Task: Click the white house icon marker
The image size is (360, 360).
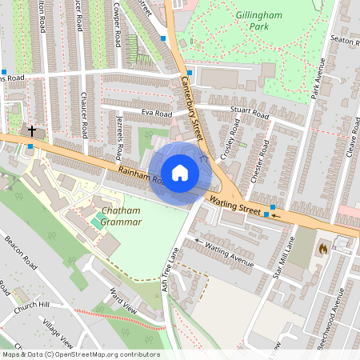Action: point(180,173)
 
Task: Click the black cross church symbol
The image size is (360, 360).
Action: point(33,130)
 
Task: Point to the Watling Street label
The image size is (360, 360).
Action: point(236,205)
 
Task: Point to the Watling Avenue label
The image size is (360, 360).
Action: point(230,254)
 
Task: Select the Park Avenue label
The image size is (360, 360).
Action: point(318,82)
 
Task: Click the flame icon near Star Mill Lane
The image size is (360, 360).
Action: point(323,249)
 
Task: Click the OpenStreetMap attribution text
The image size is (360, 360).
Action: point(80,354)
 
